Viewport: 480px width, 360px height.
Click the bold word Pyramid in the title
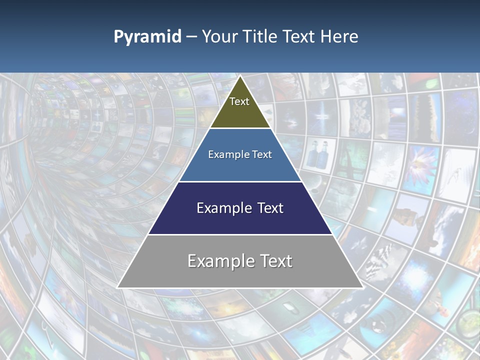(x=147, y=37)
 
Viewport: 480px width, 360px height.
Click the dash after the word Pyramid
(x=191, y=37)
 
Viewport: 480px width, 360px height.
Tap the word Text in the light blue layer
(x=262, y=154)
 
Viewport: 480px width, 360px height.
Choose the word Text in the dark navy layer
(x=270, y=208)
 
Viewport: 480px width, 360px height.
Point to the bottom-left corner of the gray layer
(x=118, y=287)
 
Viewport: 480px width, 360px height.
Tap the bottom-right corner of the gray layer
(x=362, y=287)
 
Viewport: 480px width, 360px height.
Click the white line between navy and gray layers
(x=240, y=234)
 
